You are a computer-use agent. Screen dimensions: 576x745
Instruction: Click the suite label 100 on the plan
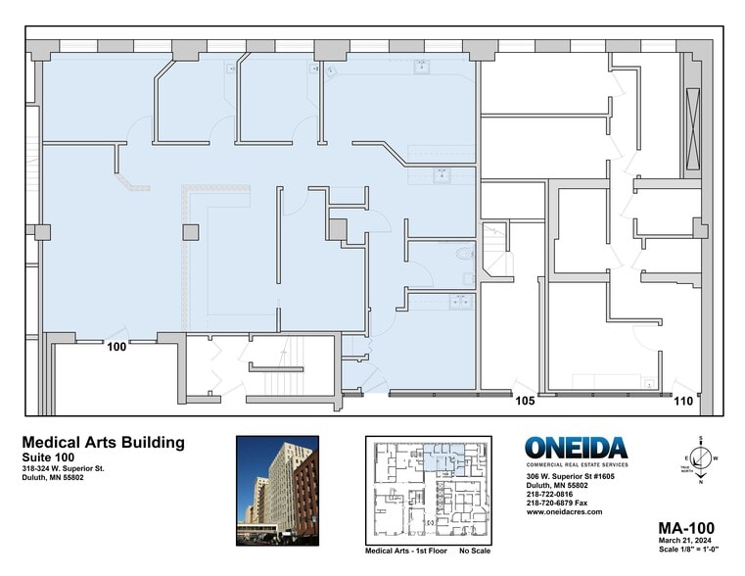coord(117,347)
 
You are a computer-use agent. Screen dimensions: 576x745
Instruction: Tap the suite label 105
coord(525,400)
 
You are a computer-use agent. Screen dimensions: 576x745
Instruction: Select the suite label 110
coord(683,400)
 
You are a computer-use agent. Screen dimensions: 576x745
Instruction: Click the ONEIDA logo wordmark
coord(576,449)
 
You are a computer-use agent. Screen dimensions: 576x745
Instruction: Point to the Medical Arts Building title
coord(103,443)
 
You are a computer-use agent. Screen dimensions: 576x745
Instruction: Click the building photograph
coord(277,488)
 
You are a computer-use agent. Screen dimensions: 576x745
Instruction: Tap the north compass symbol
coord(701,456)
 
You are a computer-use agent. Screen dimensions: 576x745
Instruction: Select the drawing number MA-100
coord(684,527)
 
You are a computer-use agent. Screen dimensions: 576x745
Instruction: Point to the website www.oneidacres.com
coord(564,511)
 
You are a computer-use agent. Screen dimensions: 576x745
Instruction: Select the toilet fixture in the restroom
coord(464,254)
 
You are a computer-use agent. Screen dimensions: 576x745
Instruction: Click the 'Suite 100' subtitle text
coord(48,457)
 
